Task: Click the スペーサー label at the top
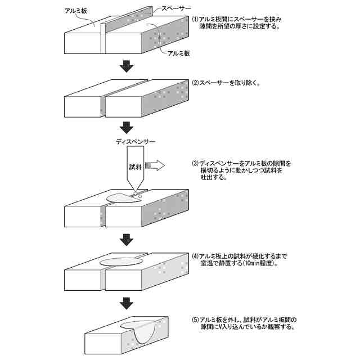click(x=175, y=9)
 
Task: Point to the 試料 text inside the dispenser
click(x=136, y=166)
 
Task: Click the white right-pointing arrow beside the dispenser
click(x=155, y=165)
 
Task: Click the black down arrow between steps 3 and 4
click(x=127, y=240)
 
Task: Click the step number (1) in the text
click(x=195, y=19)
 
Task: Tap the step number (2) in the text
click(x=195, y=83)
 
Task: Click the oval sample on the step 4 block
click(x=121, y=262)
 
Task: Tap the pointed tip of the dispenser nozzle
click(x=135, y=194)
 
